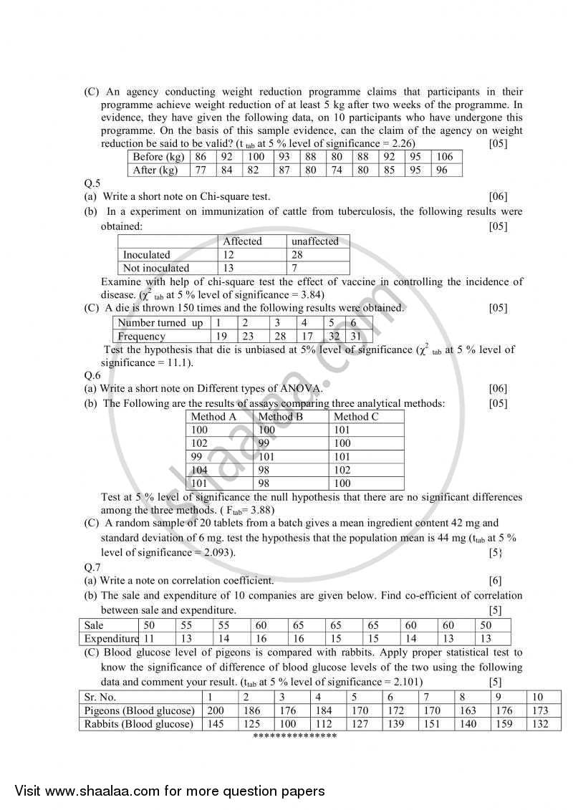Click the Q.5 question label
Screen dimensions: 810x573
[92, 183]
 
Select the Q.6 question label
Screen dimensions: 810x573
[92, 375]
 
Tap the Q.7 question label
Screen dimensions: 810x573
[92, 567]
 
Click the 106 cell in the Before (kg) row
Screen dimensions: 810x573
[444, 157]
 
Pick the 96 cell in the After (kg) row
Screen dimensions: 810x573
[441, 170]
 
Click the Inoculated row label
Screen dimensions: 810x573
[147, 255]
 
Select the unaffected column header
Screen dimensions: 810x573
[314, 241]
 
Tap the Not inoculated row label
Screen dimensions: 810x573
[156, 269]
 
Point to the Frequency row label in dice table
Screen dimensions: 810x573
[142, 337]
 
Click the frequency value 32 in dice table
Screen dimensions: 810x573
[334, 337]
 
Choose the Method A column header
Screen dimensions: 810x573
[213, 417]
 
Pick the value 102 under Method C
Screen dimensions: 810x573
[342, 471]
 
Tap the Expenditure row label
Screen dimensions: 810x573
[110, 639]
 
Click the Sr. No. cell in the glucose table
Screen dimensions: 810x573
[100, 697]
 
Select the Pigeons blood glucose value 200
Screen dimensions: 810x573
[216, 710]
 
